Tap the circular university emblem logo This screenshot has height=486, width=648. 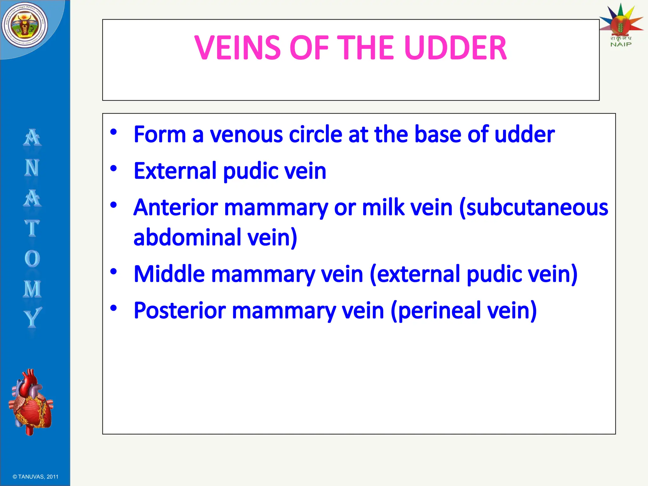[25, 25]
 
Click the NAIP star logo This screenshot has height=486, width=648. [621, 24]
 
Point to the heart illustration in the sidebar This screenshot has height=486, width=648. [31, 402]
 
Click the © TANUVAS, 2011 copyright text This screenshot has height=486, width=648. [35, 477]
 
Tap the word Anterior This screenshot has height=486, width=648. [176, 208]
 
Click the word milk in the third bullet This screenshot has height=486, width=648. [383, 208]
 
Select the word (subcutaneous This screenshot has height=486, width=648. [533, 208]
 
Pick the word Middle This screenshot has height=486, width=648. [169, 274]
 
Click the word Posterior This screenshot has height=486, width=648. [180, 311]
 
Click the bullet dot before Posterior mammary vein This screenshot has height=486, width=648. [114, 308]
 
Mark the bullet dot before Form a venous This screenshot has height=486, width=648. [114, 132]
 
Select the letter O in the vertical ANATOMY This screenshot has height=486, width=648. [32, 259]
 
